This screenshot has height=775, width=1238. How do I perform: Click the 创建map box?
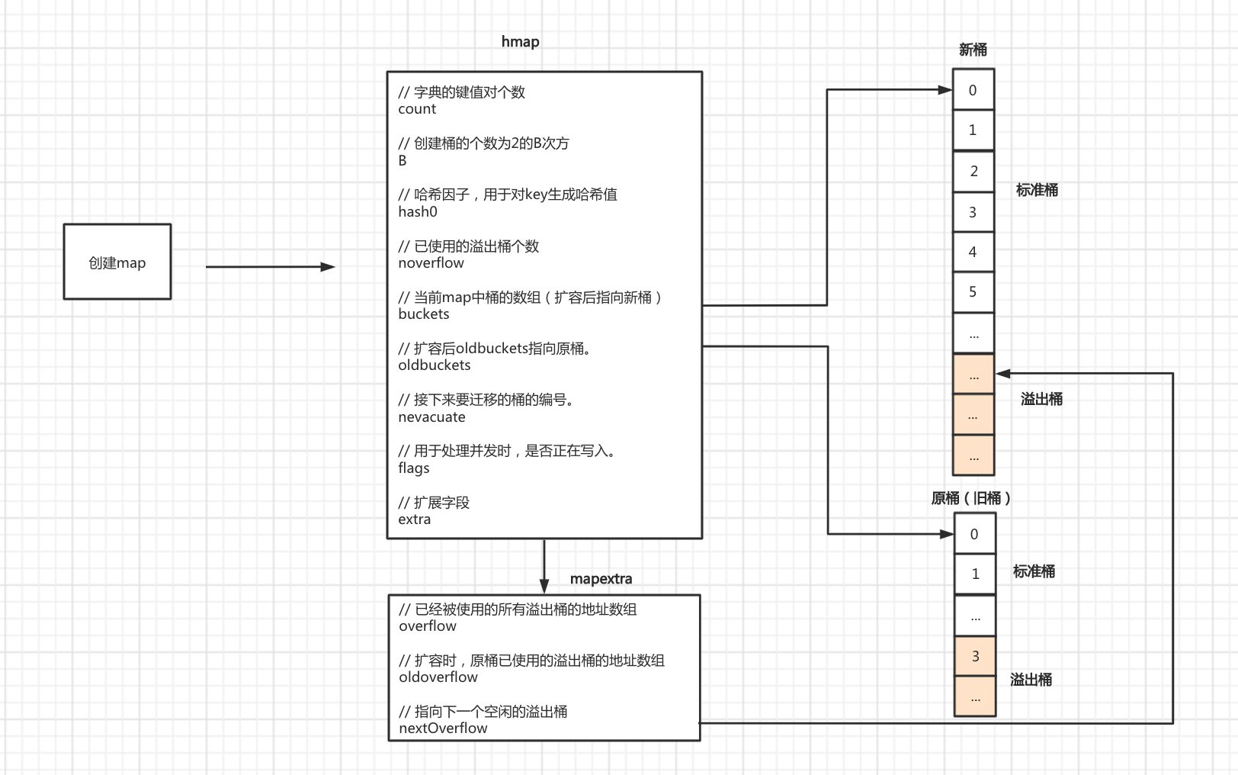tap(117, 262)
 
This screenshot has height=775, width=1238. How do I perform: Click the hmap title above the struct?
tap(520, 41)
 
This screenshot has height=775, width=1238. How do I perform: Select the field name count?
tap(417, 109)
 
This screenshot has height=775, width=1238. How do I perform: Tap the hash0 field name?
tap(418, 212)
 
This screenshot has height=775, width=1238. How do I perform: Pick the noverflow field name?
tap(431, 263)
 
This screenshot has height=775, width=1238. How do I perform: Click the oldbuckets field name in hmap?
tap(434, 365)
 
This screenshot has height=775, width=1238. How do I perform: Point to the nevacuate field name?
tap(431, 417)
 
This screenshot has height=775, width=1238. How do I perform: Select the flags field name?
tap(414, 468)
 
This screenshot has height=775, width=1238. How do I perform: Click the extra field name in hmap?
tap(414, 519)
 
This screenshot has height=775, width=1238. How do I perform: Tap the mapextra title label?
tap(601, 579)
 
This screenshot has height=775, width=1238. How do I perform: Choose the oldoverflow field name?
tap(438, 677)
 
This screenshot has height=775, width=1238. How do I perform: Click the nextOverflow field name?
tap(443, 728)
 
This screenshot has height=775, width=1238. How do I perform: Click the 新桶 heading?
tap(973, 50)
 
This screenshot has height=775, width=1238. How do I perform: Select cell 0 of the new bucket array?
tap(973, 90)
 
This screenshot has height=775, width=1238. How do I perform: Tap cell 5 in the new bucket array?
tap(973, 292)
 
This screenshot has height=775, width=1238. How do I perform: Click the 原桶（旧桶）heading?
tap(971, 498)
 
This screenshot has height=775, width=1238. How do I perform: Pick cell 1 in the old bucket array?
tap(975, 574)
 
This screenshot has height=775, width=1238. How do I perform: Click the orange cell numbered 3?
tap(975, 656)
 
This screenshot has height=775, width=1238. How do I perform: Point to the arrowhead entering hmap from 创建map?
tap(329, 267)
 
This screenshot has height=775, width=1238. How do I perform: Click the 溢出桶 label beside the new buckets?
tap(1041, 399)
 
